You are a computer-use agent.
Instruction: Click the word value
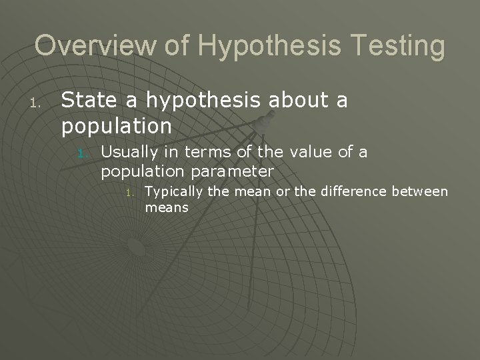point(309,153)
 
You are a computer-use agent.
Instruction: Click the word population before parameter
point(143,172)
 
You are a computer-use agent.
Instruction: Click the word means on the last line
point(166,208)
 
